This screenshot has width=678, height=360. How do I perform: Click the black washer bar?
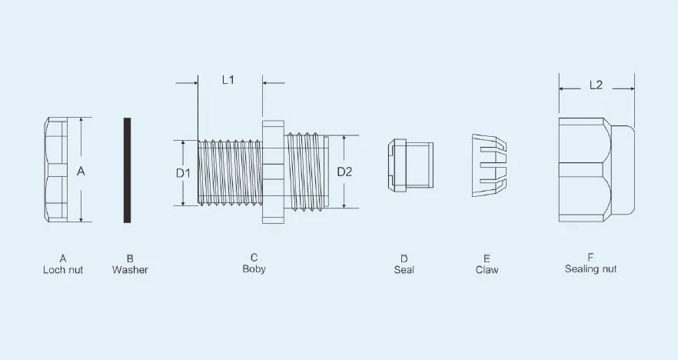(127, 170)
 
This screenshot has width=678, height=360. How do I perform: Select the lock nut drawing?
(55, 169)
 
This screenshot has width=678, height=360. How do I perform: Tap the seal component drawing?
(410, 165)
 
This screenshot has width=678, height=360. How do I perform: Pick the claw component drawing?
(489, 165)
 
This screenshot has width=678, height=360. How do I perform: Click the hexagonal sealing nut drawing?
(597, 169)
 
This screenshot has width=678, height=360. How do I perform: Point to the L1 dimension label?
(228, 80)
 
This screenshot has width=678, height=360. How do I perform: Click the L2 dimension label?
(596, 85)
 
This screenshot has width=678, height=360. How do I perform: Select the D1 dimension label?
(183, 174)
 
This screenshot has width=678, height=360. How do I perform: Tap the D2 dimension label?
(344, 172)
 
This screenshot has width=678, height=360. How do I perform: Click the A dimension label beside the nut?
(81, 172)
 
